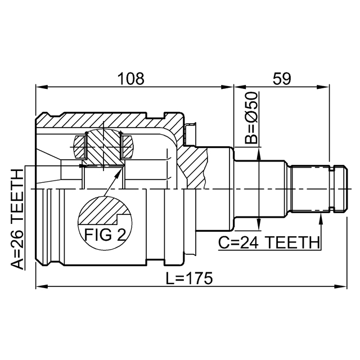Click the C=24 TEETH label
pos(268,242)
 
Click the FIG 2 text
pos(105,235)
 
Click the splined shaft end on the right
pos(316,188)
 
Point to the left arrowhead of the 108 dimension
pos(40,87)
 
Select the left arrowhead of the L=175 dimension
pos(40,287)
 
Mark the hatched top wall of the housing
pos(107,120)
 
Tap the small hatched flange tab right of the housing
pos(190,133)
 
